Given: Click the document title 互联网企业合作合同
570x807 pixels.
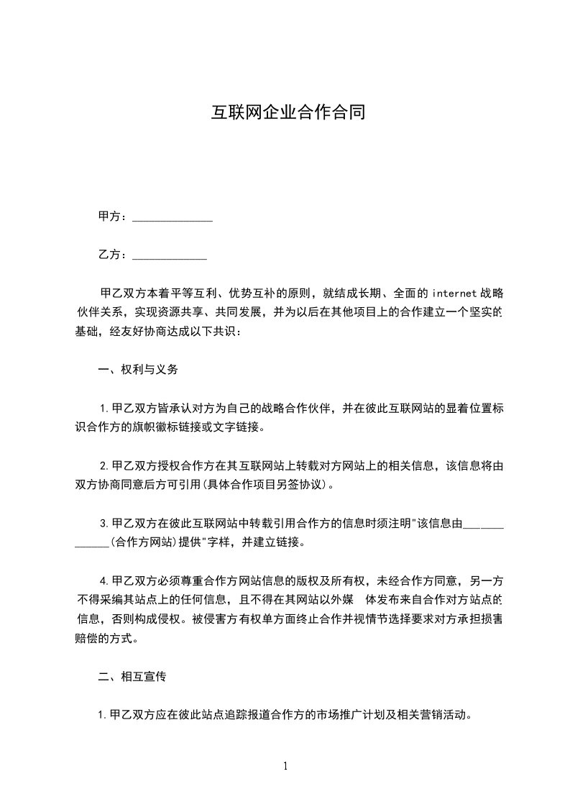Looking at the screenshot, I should [x=288, y=113].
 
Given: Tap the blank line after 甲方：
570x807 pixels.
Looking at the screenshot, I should [x=173, y=217].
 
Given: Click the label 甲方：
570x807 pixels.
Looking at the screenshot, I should [x=113, y=216].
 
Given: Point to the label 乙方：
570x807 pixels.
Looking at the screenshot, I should [x=113, y=255].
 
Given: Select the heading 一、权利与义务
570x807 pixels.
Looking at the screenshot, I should [x=138, y=370].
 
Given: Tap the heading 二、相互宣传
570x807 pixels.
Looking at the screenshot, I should [x=132, y=677].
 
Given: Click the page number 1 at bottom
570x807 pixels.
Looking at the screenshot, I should [x=285, y=765].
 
